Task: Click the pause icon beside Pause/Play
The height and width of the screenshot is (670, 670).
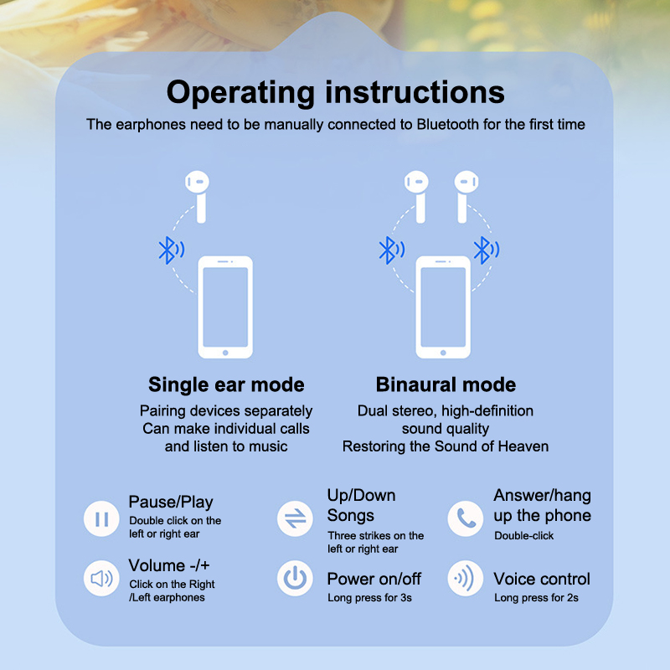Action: tap(101, 518)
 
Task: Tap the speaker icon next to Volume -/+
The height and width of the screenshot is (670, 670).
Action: tap(101, 579)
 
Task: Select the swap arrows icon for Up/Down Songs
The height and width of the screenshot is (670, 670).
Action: tap(295, 518)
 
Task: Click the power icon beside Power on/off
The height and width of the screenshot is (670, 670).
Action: tap(295, 579)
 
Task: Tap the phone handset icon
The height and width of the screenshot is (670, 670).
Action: tap(466, 518)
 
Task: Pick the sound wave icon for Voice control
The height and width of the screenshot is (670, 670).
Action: tap(466, 579)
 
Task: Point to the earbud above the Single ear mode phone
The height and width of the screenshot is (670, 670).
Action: tap(198, 197)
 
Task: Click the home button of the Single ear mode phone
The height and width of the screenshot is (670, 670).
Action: tap(225, 353)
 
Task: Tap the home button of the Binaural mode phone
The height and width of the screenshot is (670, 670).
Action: tap(443, 353)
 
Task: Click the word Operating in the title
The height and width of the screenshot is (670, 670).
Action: tap(240, 93)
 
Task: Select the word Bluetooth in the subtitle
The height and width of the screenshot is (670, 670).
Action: tap(448, 124)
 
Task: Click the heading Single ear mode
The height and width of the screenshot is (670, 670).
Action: tap(226, 384)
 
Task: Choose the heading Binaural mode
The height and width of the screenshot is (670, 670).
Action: tap(446, 384)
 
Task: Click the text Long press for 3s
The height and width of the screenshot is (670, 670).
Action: tap(369, 598)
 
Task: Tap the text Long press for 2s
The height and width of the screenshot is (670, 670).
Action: tap(536, 598)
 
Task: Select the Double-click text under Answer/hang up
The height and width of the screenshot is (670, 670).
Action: tap(524, 535)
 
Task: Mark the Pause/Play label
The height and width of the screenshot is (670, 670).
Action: tap(171, 502)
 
